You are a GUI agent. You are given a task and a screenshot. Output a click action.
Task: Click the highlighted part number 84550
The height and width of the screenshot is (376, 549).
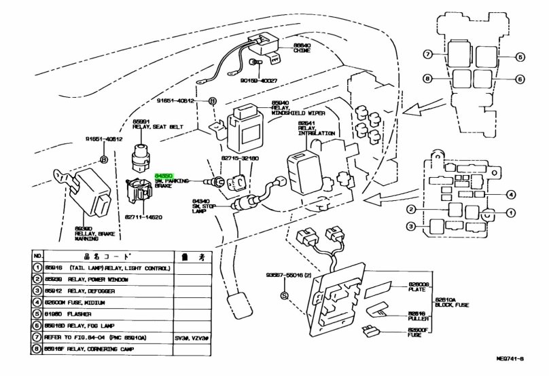point(164,175)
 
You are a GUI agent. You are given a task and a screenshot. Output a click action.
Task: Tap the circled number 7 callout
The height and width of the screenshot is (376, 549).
point(428,54)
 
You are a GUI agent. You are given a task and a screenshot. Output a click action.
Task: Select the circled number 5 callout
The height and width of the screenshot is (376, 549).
point(520,57)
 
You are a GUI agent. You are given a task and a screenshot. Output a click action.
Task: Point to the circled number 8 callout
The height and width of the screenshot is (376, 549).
point(428,78)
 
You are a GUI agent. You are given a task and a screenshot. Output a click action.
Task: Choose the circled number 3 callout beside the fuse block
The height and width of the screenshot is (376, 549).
point(412,226)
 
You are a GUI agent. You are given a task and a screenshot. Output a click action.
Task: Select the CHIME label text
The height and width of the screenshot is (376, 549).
point(301,50)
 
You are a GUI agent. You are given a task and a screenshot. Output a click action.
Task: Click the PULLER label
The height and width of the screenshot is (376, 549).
point(417,317)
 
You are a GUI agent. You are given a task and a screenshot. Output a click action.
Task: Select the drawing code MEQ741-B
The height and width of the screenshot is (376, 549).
point(525,367)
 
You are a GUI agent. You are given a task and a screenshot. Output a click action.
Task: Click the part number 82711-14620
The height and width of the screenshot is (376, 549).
point(143,217)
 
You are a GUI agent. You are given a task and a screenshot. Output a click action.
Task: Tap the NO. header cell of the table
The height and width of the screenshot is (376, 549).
point(38,257)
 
